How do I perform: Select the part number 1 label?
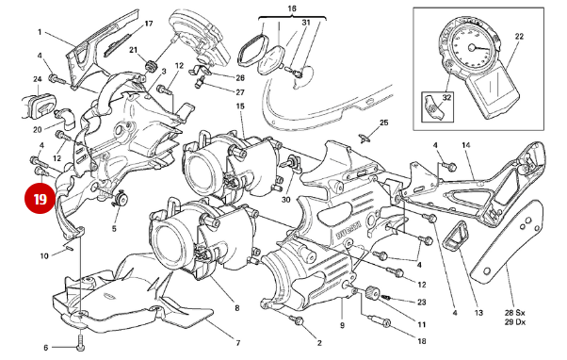click(40, 31)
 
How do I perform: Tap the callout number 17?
click(148, 21)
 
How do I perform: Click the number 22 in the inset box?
click(518, 36)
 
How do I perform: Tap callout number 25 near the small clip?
click(383, 123)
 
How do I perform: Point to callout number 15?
click(240, 107)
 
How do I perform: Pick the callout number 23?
click(422, 303)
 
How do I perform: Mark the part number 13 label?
click(478, 312)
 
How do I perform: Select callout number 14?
click(465, 144)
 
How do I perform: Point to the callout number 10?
click(43, 255)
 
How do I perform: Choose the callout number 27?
click(240, 91)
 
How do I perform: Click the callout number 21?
click(133, 50)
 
